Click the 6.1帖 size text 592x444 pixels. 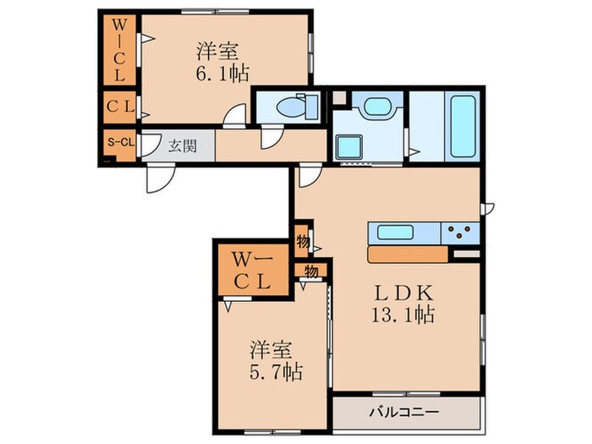(x=222, y=74)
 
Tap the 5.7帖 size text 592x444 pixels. (x=276, y=370)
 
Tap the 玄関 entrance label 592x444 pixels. (x=183, y=145)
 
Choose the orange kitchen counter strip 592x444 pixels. (x=408, y=254)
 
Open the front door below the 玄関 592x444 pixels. (x=158, y=175)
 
